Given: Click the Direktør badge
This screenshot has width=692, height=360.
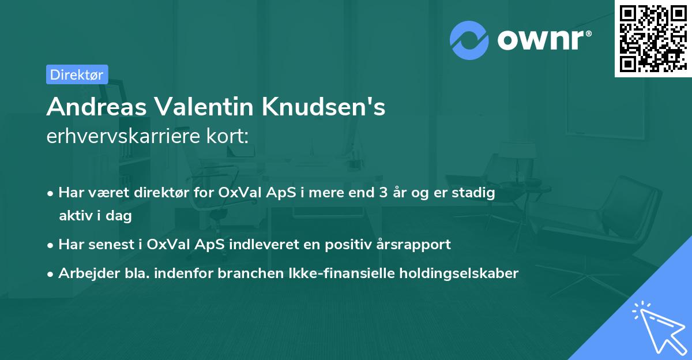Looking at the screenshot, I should pos(77,74).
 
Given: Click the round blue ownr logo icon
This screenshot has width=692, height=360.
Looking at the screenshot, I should pos(470,40).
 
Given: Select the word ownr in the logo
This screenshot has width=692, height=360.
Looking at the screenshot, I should pos(543,40).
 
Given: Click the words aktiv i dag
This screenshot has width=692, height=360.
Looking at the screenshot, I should pos(95,216).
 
